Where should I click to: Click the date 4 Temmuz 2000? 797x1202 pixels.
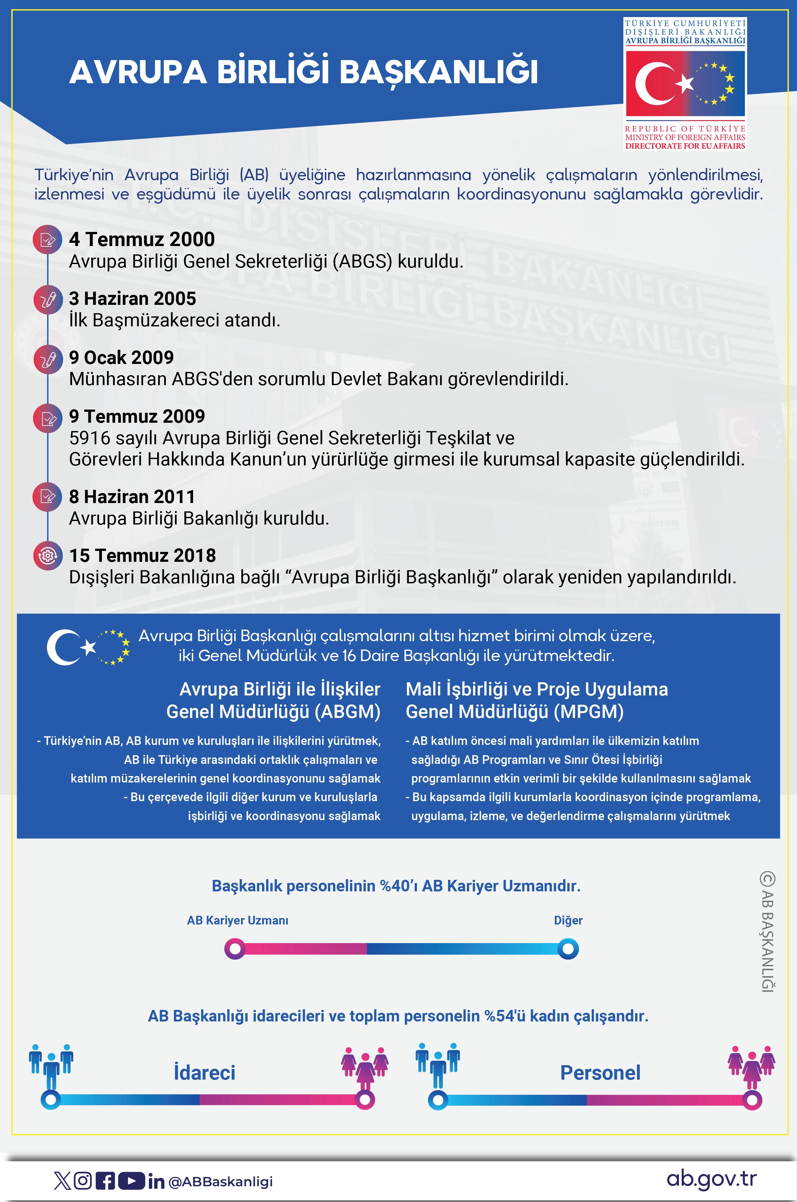point(142,239)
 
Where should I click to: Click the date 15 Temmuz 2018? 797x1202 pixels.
point(142,555)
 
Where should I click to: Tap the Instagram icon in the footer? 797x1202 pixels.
point(83,1181)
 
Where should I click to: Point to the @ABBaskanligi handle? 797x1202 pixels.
point(220,1182)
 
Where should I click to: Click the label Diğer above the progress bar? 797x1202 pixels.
point(568,920)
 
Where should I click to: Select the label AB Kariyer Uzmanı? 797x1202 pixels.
point(237,920)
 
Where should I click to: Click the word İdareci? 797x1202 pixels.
point(204,1073)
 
